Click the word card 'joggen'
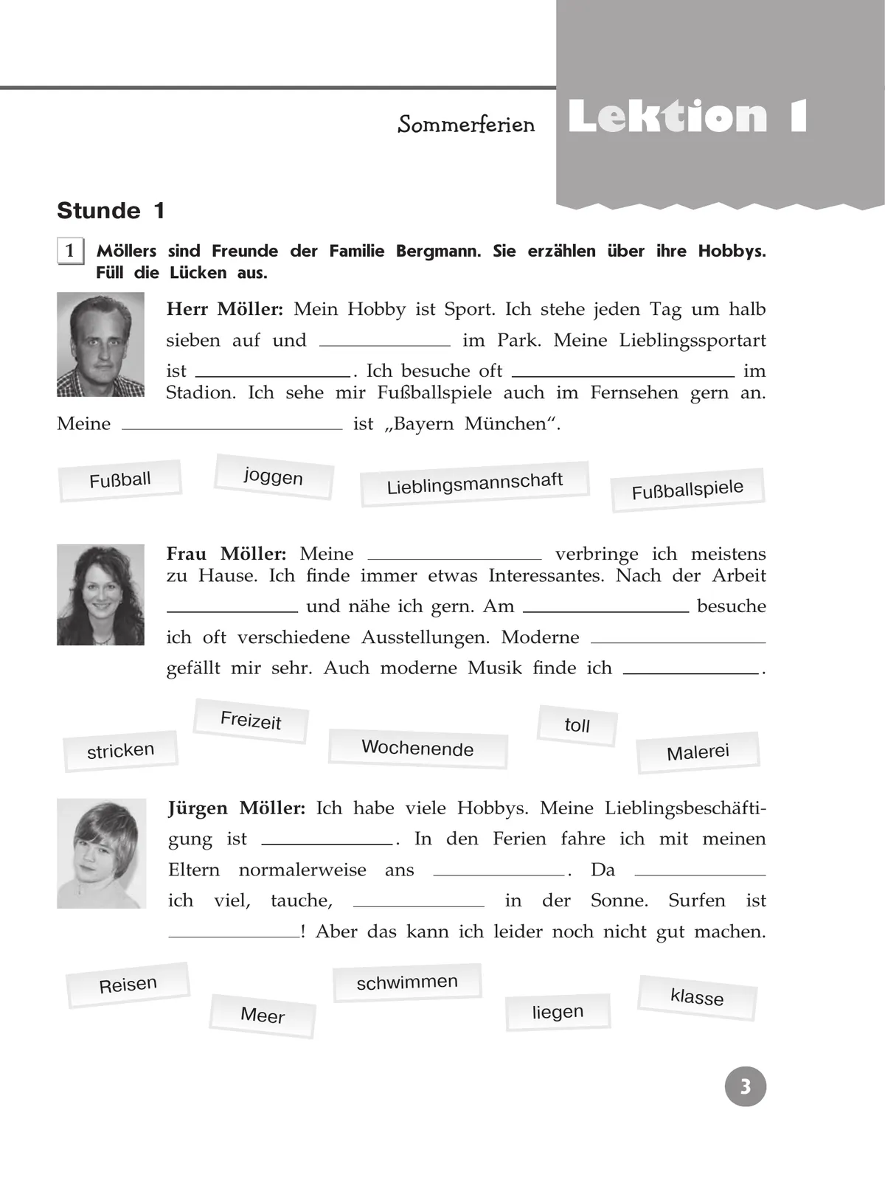tap(274, 476)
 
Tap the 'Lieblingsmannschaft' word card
tap(474, 484)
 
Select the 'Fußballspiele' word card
tap(687, 490)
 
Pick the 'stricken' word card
tap(121, 751)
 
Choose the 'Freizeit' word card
tap(251, 720)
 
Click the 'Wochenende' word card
tap(417, 748)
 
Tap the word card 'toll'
tap(577, 725)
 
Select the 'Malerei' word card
tap(698, 752)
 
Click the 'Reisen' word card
tap(128, 984)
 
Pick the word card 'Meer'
tap(263, 1016)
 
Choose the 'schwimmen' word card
tap(407, 982)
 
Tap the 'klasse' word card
tap(697, 997)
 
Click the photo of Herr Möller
tap(100, 344)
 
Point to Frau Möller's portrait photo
tap(100, 594)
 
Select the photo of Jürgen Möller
tap(101, 853)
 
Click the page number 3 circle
tap(746, 1086)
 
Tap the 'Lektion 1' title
tap(687, 117)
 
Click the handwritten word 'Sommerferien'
tap(466, 124)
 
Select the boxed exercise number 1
tap(70, 251)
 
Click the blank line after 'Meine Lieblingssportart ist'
tap(273, 372)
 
